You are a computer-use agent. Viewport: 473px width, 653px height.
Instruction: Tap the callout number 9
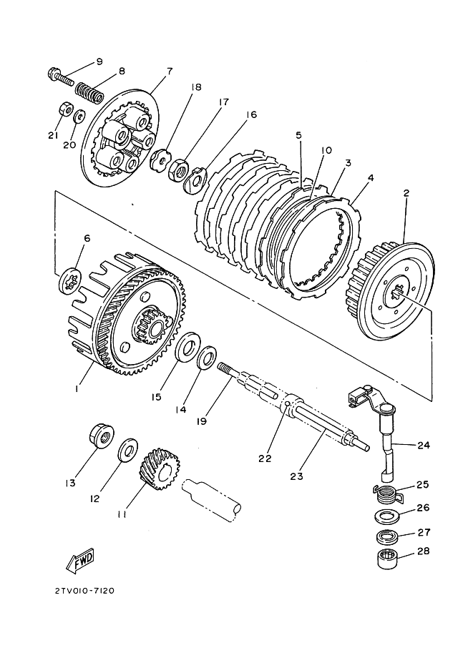point(99,62)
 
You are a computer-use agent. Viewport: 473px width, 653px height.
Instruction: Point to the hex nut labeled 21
point(65,109)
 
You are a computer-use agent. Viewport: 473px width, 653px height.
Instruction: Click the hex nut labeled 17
point(177,169)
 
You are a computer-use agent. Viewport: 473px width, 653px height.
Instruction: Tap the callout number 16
point(251,114)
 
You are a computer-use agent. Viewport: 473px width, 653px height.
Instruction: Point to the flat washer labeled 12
point(128,450)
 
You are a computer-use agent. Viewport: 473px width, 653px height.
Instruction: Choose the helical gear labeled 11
point(161,469)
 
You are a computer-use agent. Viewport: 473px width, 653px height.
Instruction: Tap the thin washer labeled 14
point(207,357)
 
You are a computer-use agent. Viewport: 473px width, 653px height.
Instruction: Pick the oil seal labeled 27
point(388,537)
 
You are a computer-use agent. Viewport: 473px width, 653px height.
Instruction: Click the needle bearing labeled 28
point(388,558)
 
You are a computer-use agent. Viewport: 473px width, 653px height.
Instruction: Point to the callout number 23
point(296,476)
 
